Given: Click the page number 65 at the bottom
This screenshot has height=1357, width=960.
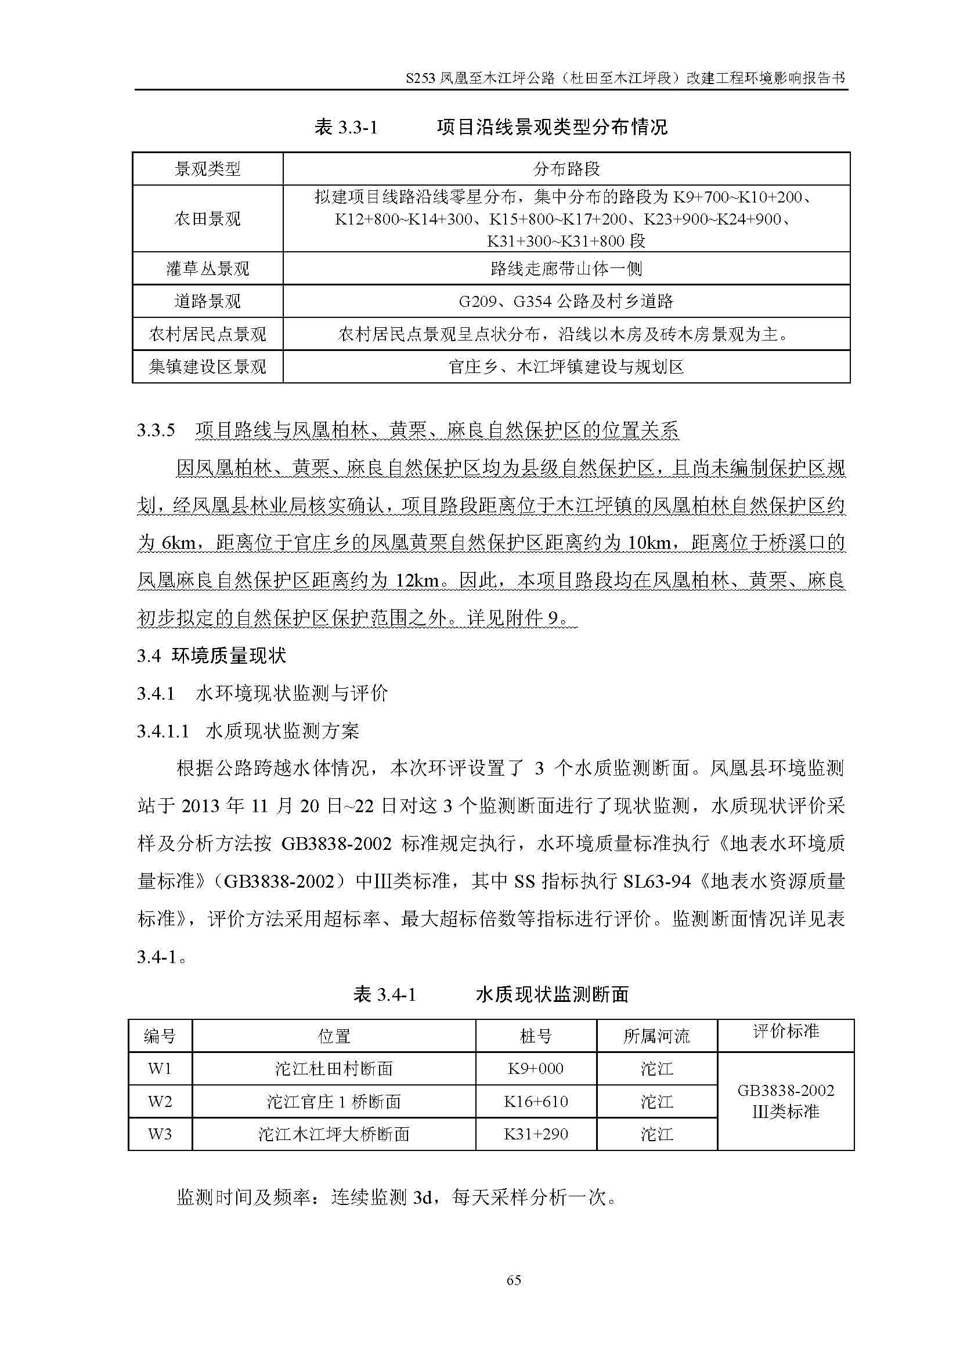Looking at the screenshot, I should click(x=514, y=1280).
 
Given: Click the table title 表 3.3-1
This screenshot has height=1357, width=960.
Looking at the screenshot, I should click(x=346, y=127).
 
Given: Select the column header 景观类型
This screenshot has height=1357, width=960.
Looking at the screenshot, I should click(x=207, y=169).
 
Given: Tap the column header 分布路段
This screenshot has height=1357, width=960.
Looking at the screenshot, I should click(x=566, y=169).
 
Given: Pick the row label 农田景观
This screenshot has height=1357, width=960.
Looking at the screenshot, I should click(x=207, y=219).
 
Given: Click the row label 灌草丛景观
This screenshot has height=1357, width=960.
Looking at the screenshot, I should click(x=207, y=270).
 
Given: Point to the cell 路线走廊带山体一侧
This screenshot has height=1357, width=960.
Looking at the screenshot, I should click(x=566, y=270).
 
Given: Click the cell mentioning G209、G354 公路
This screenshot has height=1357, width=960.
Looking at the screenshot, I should click(x=566, y=302).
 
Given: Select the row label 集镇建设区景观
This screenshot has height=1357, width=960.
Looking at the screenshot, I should click(x=207, y=367).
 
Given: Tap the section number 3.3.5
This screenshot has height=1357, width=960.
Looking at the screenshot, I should click(x=156, y=430).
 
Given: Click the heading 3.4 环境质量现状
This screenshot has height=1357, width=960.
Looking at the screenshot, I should click(x=212, y=656).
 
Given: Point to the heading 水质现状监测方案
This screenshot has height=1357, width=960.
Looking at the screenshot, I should click(x=282, y=731).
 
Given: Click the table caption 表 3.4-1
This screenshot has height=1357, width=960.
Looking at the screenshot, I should click(x=385, y=995).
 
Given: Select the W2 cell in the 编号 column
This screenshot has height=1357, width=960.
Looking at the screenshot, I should click(x=160, y=1101).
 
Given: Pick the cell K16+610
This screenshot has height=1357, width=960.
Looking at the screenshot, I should click(x=536, y=1101).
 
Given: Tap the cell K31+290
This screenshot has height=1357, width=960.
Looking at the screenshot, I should click(x=536, y=1134).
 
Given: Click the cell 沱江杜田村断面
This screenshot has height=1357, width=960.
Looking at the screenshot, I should click(x=334, y=1069).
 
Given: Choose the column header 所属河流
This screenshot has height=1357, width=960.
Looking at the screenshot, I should click(x=656, y=1036).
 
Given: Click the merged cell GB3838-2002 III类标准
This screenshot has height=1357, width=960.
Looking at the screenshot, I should click(x=786, y=1101).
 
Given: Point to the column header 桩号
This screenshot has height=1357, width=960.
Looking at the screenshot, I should click(x=536, y=1036).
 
